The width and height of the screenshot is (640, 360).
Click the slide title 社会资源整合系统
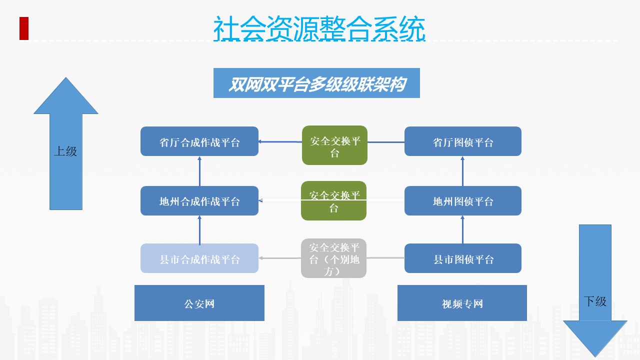point(319,28)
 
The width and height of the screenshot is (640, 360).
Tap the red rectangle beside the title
point(24,28)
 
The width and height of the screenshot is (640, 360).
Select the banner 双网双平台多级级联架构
point(316,83)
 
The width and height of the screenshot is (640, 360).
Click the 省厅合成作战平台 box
point(199,141)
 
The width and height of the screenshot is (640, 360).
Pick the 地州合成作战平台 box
point(199,200)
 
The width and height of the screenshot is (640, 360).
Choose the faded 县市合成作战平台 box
point(199,258)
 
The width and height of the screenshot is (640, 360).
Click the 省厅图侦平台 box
point(463,141)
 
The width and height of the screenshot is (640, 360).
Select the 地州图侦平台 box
point(463,200)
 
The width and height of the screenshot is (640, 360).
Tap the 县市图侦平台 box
point(463,258)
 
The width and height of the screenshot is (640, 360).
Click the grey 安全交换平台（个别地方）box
point(333,258)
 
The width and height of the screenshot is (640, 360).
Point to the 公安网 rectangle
point(199,303)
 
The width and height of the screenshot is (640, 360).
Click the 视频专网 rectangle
point(462,303)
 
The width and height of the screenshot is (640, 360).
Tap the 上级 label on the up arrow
point(65,151)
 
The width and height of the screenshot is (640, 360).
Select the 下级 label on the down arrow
point(595,301)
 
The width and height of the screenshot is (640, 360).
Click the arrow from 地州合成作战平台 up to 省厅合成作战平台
point(199,171)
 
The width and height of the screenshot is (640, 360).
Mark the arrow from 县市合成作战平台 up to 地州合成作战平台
point(199,229)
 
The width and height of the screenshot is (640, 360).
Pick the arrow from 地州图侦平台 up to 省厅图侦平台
point(462,171)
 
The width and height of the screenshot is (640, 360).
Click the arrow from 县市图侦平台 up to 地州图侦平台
point(462,229)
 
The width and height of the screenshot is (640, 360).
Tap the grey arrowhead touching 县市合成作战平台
point(260,258)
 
